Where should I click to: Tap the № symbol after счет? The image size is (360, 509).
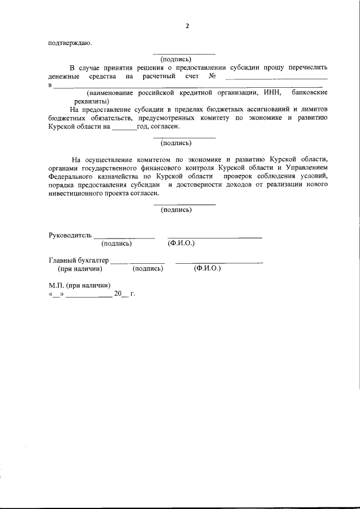point(213,75)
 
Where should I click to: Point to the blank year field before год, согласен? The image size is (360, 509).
point(124,127)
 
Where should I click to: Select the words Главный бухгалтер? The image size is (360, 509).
point(79,260)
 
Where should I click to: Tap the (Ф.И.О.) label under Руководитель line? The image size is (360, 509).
point(181,244)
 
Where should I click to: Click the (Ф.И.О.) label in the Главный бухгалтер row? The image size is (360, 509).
point(207,268)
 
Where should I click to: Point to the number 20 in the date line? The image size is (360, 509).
point(118,294)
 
